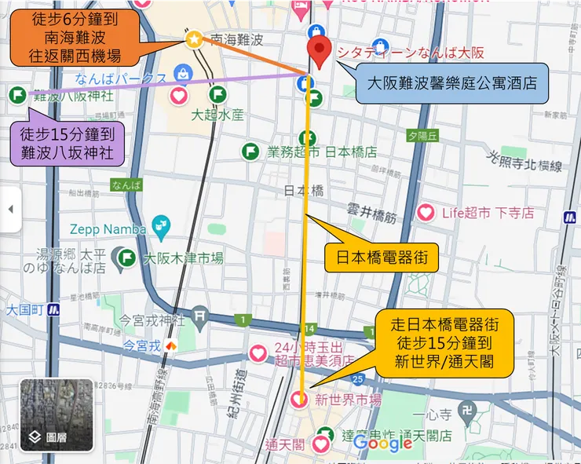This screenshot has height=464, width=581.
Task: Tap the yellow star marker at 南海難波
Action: [193, 38]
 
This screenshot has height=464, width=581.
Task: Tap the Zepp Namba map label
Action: [108, 228]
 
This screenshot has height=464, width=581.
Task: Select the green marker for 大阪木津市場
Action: [126, 258]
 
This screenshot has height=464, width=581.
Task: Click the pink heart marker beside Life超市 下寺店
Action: [426, 212]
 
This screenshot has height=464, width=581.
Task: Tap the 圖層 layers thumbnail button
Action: [56, 415]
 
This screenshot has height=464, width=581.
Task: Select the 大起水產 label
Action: [217, 115]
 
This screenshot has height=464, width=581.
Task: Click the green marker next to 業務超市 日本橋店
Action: [251, 152]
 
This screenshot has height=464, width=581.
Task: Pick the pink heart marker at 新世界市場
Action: [298, 400]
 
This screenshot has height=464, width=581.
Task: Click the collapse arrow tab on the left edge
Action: [10, 210]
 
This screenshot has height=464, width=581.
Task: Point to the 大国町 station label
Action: [24, 309]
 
